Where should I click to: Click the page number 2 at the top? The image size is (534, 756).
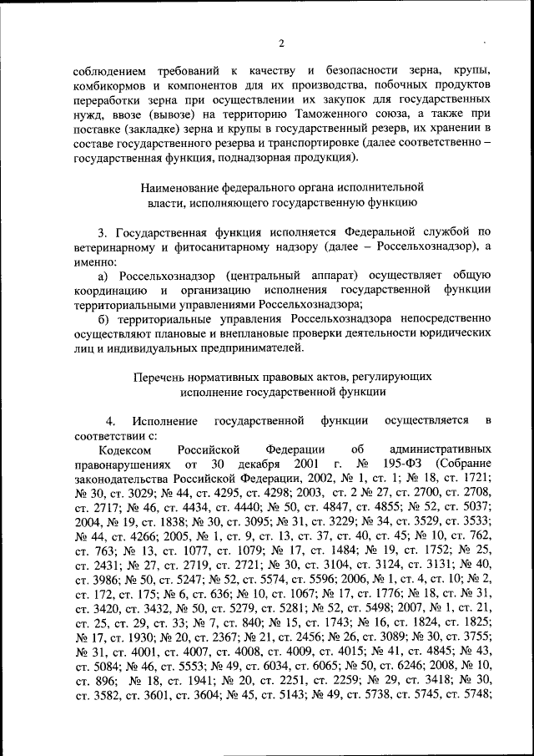click(281, 43)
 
